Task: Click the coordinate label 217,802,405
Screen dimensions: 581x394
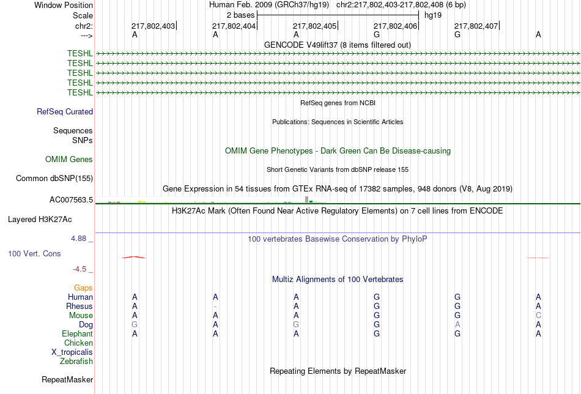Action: (314, 26)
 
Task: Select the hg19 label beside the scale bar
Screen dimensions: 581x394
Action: (433, 15)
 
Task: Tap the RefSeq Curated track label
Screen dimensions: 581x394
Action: (65, 111)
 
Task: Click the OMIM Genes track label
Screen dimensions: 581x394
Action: (69, 160)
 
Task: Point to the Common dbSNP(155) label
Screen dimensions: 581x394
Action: (54, 178)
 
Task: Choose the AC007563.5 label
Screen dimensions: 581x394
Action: (71, 200)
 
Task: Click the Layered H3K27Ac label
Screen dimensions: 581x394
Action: (40, 220)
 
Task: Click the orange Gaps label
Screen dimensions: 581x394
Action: (83, 288)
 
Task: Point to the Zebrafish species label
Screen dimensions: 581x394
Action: (76, 361)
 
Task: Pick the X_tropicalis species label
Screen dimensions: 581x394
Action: (72, 352)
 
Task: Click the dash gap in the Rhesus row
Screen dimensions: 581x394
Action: (215, 307)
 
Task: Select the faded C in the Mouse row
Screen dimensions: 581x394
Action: (538, 316)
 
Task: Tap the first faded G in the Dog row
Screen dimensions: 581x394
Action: (135, 325)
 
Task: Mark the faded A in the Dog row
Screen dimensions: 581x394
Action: (457, 325)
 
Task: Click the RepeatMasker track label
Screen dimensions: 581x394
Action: (67, 379)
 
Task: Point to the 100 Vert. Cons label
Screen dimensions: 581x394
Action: (34, 253)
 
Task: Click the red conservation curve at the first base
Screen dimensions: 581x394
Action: (134, 257)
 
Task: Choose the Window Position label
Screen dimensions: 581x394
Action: (64, 5)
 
